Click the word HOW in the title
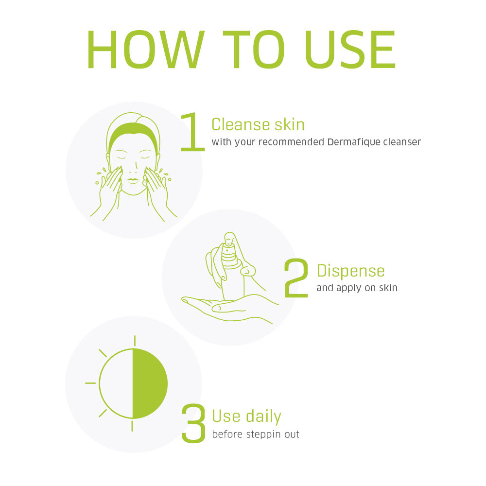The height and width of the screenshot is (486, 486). coord(146,49)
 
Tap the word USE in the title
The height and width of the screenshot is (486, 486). coord(350,49)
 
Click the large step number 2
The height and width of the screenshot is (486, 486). coord(296,278)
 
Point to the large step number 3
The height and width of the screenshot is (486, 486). coord(193,423)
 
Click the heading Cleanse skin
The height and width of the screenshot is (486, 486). coord(258,124)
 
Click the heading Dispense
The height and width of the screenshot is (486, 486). coord(350,271)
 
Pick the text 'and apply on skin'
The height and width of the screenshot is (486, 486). coord(357,288)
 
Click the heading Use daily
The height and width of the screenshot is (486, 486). coord(247,416)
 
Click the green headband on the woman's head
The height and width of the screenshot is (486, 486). coord(134,131)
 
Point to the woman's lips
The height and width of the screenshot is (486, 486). coord(133,181)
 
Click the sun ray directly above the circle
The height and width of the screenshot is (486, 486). coord(135,341)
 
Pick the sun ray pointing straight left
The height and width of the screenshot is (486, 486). coord(90,383)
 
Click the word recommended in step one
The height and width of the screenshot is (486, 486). coord(291,142)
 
